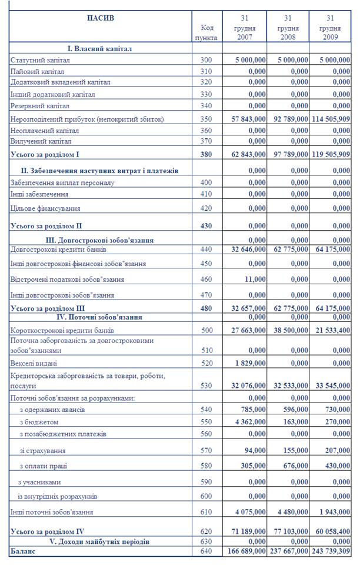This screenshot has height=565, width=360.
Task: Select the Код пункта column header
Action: pos(206,32)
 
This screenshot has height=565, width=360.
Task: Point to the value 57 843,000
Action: pos(246,119)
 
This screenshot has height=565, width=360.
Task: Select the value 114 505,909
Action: pos(331,119)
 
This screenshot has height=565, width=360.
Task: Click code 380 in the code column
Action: pos(206,155)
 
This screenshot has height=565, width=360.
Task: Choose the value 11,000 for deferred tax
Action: pos(254,279)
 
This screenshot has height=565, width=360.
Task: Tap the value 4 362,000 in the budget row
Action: pos(248,423)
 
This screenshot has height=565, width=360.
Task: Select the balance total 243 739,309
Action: pos(331,551)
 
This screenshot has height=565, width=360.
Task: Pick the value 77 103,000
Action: pos(288,531)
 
